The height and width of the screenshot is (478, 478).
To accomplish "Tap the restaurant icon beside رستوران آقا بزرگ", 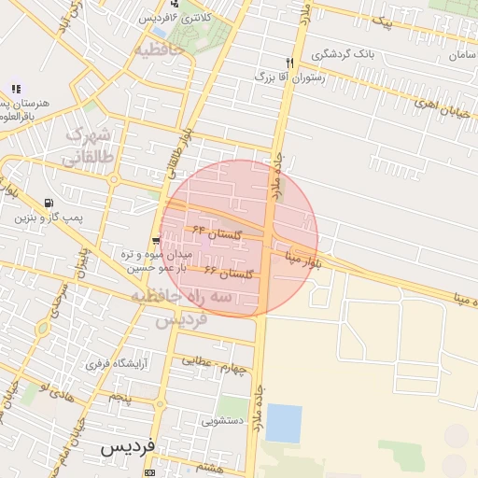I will pyautogui.click(x=289, y=63).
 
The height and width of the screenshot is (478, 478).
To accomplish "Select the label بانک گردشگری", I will pyautogui.click(x=344, y=53).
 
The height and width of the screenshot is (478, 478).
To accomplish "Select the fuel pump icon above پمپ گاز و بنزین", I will pyautogui.click(x=48, y=203).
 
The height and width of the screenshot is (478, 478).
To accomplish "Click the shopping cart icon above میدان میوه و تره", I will pyautogui.click(x=156, y=241).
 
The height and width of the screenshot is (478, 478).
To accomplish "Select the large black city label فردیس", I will pyautogui.click(x=127, y=448).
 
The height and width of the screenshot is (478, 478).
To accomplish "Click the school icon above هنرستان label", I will pyautogui.click(x=16, y=89).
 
